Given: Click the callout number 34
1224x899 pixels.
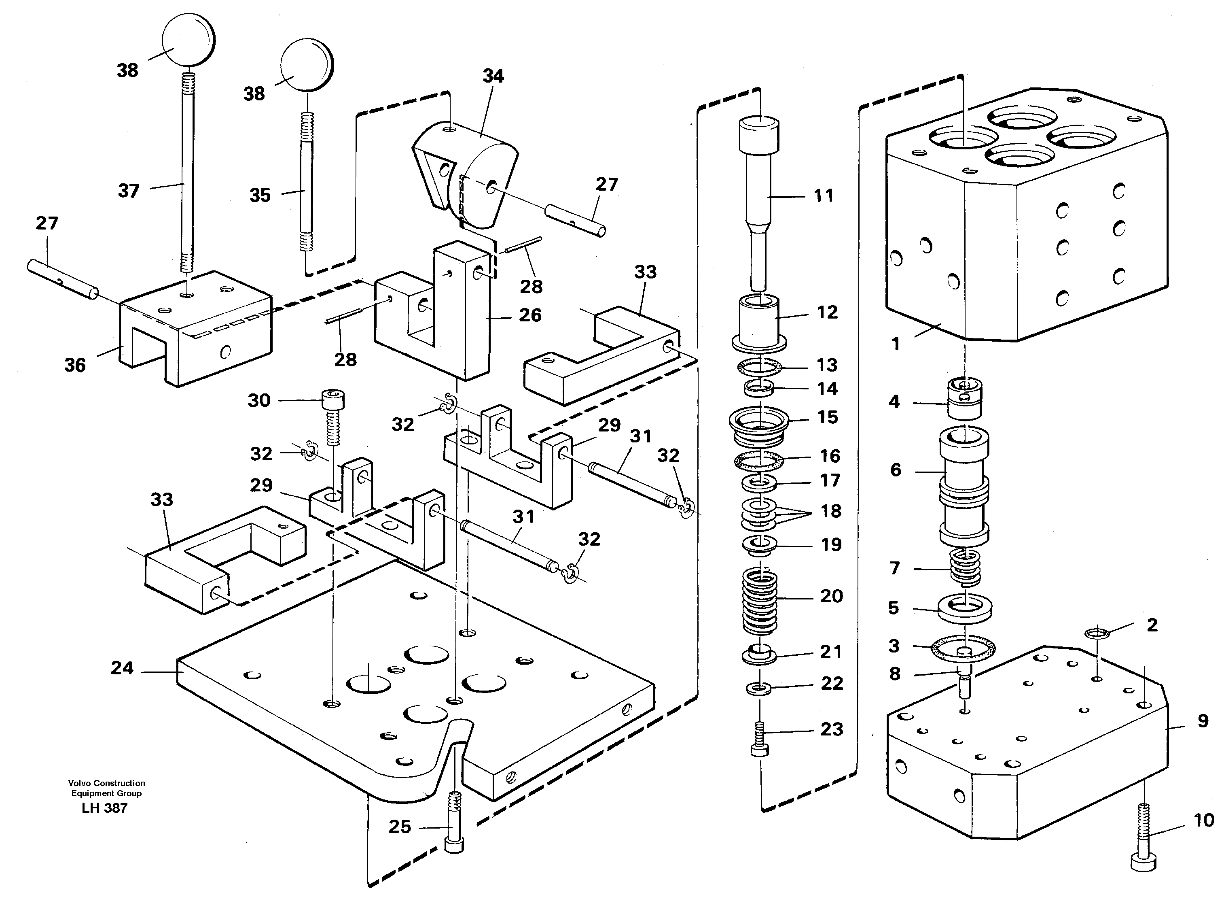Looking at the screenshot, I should (493, 76).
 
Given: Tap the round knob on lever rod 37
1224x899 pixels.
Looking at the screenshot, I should (188, 42).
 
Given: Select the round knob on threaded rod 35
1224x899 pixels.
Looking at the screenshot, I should (306, 65).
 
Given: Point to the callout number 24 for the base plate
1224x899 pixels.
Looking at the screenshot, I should (122, 668).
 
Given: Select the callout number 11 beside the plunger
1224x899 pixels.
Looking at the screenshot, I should (823, 196).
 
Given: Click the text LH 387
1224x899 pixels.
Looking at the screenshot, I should (104, 808).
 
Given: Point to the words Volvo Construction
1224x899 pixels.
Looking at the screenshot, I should (106, 783).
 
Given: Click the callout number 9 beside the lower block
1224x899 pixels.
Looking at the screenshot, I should (1203, 721).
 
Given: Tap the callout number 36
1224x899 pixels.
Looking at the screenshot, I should (75, 365).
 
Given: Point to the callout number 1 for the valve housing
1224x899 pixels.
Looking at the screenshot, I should (896, 344).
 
